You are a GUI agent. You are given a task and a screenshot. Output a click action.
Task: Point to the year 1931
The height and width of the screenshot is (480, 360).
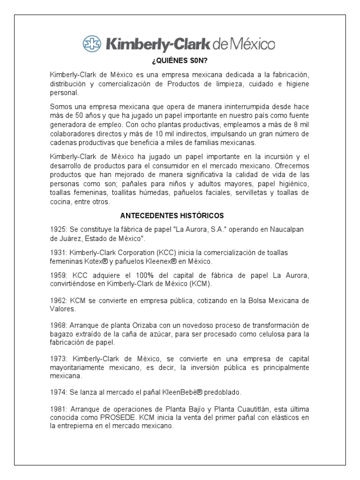(x=58, y=252)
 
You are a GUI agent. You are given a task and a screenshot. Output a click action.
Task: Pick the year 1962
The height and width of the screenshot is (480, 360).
(x=58, y=300)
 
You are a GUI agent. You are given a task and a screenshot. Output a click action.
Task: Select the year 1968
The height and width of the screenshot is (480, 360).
(x=58, y=325)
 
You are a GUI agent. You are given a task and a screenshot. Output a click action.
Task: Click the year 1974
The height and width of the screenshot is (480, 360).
(x=58, y=391)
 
